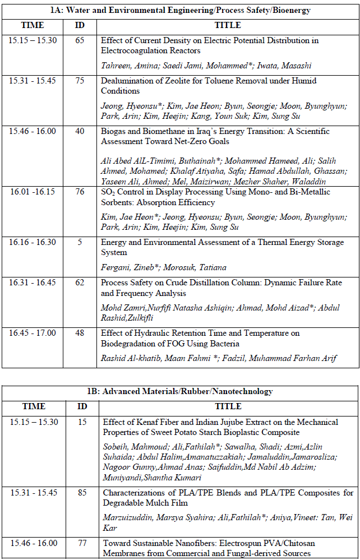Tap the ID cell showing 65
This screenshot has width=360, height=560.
(x=80, y=41)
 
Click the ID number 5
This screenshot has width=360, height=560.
(x=80, y=243)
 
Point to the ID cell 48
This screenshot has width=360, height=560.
(x=80, y=334)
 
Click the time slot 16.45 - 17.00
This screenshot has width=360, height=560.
(x=33, y=334)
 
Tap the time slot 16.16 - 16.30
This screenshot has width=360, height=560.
(x=33, y=243)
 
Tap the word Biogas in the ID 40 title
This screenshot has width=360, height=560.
(x=113, y=132)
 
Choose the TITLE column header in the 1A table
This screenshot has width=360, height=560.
(x=228, y=25)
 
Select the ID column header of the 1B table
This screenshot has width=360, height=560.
(x=82, y=406)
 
